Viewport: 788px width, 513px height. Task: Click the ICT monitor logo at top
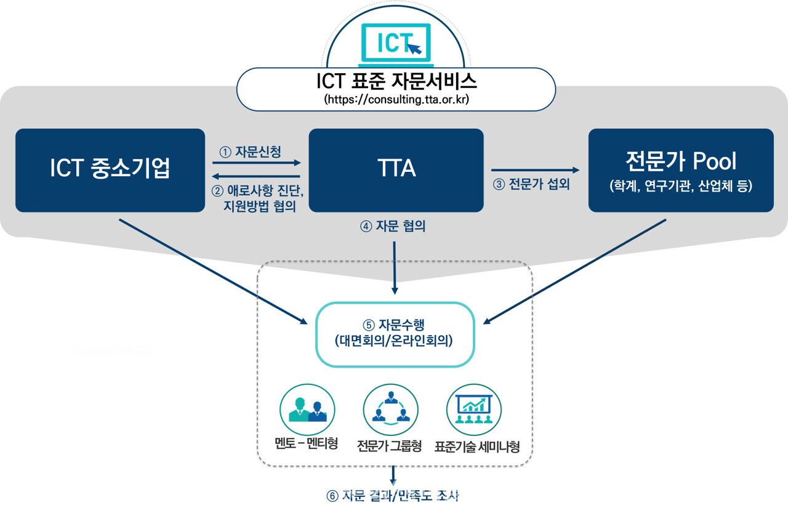396,42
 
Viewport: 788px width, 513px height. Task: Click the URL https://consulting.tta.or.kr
396,99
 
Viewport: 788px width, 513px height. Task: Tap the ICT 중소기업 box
110,170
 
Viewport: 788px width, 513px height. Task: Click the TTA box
396,170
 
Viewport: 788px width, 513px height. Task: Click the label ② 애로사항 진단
259,191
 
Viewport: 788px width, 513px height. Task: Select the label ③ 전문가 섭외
531,184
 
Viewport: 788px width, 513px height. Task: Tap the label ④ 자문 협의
393,227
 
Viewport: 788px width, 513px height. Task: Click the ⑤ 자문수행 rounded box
395,334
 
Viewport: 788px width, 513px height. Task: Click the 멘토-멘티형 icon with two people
307,409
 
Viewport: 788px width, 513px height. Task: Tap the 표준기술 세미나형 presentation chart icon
473,409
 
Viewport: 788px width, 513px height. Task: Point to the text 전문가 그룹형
389,446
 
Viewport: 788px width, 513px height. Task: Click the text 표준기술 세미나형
477,446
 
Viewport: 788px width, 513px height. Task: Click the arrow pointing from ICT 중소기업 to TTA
257,163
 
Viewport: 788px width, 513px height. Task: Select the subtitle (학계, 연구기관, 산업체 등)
681,187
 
